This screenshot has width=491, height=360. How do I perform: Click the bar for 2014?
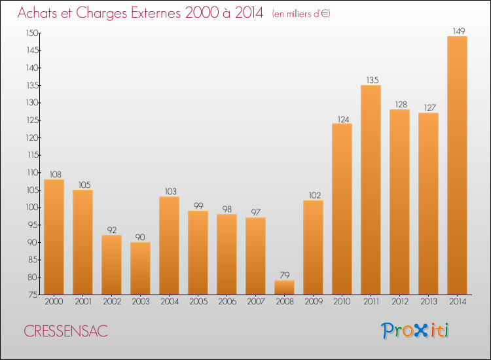point(457,165)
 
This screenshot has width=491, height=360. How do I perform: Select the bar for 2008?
point(284,287)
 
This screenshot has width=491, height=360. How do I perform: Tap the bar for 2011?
point(371,190)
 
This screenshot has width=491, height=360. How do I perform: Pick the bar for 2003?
point(140,268)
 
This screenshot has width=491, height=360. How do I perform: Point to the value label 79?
point(284,274)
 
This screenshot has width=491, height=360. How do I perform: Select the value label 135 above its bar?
point(371,79)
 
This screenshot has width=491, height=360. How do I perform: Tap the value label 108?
point(54,173)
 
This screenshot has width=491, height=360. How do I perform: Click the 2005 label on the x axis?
point(198,302)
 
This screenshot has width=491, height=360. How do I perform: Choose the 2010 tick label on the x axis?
point(342,302)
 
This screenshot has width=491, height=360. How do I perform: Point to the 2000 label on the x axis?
point(54,302)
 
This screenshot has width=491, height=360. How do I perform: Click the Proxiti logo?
point(416,331)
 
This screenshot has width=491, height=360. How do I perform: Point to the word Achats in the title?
point(39,13)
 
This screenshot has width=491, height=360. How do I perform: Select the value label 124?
point(342,118)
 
